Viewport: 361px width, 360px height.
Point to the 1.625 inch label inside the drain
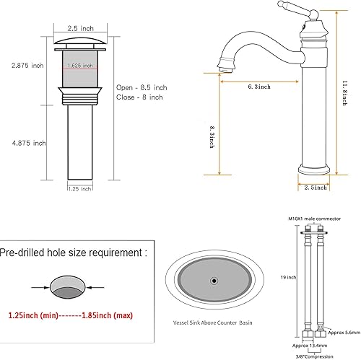[79, 65]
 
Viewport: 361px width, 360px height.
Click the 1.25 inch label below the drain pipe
[81, 189]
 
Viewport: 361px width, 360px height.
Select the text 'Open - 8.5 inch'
[142, 87]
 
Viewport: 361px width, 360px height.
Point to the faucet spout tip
[222, 66]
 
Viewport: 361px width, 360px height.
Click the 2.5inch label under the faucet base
[318, 188]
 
